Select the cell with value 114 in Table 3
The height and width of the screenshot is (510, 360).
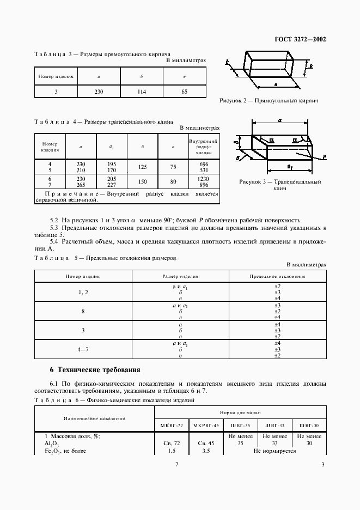coord(142,92)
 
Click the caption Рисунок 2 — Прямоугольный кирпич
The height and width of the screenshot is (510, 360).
coord(269,101)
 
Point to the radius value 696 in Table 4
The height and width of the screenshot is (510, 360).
coord(204,164)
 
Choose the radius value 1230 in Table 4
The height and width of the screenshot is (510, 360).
coord(204,178)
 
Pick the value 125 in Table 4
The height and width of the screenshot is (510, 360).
coord(142,167)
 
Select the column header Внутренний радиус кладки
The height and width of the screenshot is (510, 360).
coord(204,147)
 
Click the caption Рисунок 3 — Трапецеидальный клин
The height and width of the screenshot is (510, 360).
coord(279,185)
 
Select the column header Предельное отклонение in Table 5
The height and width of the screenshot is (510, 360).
coord(278,276)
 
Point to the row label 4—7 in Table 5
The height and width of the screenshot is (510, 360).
coord(83,349)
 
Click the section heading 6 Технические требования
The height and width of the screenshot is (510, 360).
coord(95,369)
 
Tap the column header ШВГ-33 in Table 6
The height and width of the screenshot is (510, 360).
coord(274,425)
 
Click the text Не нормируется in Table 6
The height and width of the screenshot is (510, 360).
coord(274,451)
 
